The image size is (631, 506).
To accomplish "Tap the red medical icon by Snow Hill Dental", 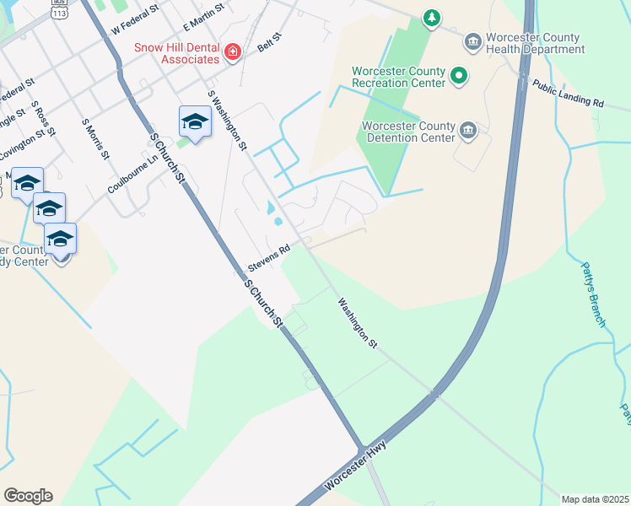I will click(x=233, y=53).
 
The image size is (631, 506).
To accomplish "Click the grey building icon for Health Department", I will click(x=472, y=40).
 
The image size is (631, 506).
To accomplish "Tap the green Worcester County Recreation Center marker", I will click(x=459, y=77).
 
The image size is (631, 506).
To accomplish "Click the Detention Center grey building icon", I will click(x=469, y=132).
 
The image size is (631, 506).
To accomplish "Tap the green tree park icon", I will click(x=431, y=18).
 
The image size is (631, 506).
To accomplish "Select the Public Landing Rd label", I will click(x=568, y=93).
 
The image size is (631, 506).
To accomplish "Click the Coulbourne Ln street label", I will click(x=133, y=175).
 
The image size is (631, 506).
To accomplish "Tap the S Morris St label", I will click(x=95, y=138).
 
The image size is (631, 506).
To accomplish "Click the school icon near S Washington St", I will click(x=195, y=123).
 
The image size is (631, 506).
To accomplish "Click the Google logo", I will click(x=28, y=496).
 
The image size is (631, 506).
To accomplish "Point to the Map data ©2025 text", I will click(x=596, y=499).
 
